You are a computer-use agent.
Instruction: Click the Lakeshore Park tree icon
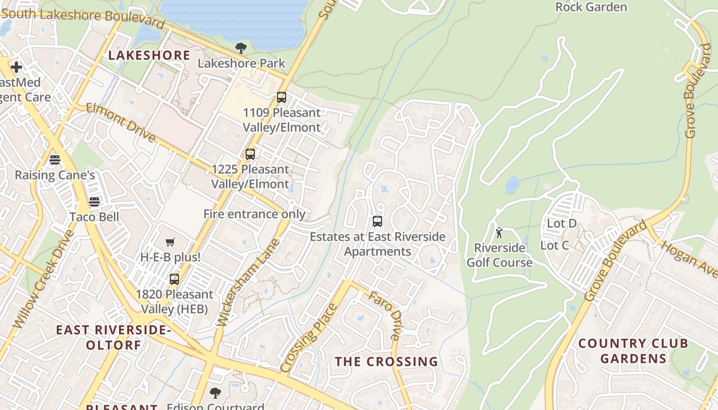241,48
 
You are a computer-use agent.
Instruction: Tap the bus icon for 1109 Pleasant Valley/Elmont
281,97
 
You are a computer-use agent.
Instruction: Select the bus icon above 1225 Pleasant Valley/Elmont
250,154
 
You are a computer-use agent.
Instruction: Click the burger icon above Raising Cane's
55,160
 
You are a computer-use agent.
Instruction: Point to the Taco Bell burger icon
94,202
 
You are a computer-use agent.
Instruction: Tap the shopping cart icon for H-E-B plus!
170,242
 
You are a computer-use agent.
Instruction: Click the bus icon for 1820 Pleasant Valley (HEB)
174,279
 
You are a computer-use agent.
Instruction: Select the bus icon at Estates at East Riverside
377,221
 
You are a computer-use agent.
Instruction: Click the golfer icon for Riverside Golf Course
499,233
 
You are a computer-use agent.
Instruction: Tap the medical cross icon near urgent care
16,67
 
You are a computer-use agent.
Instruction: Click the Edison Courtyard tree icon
215,393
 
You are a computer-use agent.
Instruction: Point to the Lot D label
562,223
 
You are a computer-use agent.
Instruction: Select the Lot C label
554,245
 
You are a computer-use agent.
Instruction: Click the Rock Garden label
591,7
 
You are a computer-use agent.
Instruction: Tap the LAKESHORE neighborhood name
149,55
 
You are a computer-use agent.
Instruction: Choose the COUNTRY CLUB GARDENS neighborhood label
633,351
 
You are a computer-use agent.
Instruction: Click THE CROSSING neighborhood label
386,361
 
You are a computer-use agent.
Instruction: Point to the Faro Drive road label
384,315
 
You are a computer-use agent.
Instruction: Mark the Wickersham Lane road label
248,282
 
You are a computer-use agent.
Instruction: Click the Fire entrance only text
254,214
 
